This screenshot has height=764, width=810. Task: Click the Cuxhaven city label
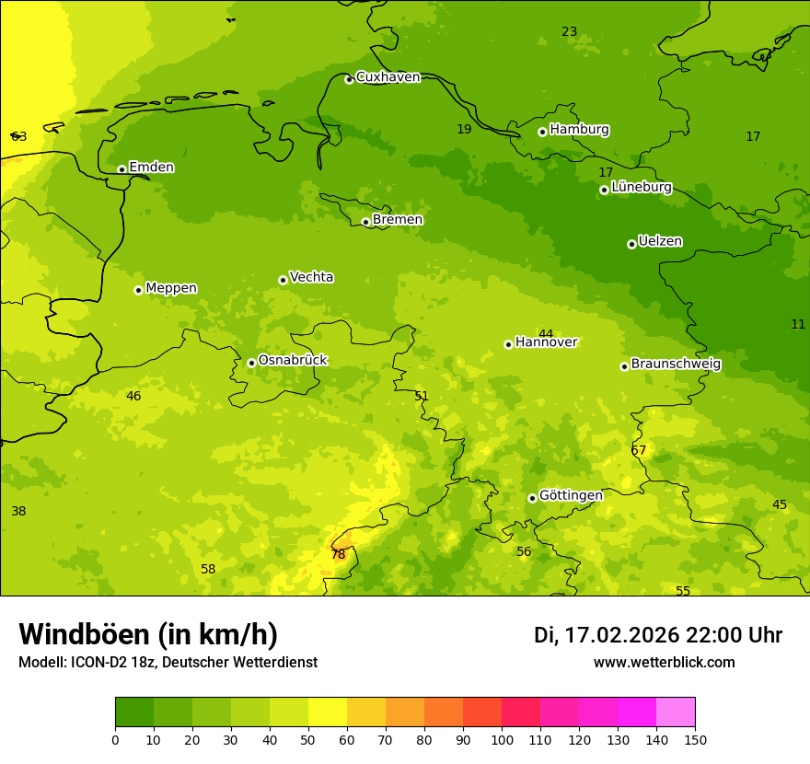click(388, 77)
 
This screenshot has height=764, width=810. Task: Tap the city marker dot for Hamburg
click(542, 132)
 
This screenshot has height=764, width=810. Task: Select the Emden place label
click(151, 168)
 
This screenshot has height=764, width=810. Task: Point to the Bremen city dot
click(365, 222)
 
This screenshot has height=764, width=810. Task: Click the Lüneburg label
click(641, 187)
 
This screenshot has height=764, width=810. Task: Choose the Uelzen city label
click(660, 241)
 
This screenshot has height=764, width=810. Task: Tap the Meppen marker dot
click(138, 290)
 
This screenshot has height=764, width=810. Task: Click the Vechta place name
click(311, 277)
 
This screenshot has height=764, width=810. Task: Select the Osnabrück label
click(293, 360)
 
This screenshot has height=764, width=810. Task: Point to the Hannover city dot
click(508, 344)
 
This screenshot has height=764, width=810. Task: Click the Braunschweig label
click(676, 365)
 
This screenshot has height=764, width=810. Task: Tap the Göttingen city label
click(571, 495)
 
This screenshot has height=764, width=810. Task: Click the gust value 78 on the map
click(338, 554)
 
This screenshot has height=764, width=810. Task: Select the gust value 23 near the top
click(569, 32)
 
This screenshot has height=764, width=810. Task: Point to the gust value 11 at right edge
click(798, 324)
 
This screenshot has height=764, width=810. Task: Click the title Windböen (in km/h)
click(148, 634)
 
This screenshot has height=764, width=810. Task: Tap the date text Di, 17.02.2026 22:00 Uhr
click(658, 635)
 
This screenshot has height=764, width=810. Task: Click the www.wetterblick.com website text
click(664, 663)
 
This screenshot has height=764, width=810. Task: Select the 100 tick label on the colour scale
click(502, 739)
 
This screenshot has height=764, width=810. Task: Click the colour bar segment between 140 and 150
click(676, 712)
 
